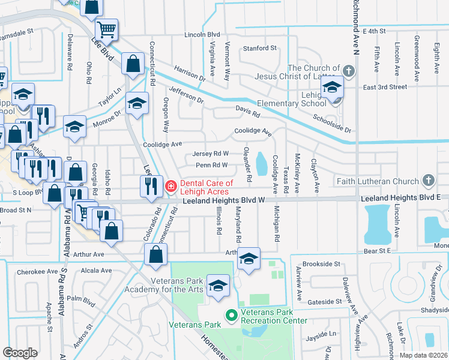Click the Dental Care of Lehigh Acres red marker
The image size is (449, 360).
[x=171, y=186]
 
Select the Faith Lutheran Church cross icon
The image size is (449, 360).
[x=428, y=180]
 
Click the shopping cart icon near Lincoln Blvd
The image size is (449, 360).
[x=106, y=29]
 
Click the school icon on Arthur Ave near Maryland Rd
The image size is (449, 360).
[x=248, y=258]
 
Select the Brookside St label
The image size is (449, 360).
[x=322, y=263]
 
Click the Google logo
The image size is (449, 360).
[x=20, y=352]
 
